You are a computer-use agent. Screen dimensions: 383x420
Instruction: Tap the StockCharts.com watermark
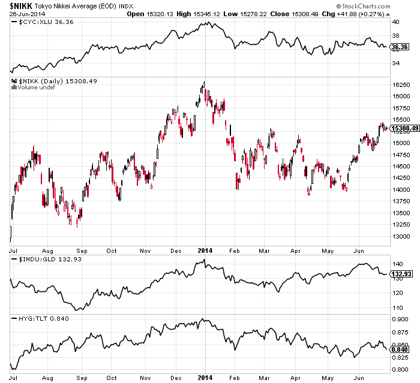click(385, 6)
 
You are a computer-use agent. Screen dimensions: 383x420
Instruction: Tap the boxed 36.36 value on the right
click(399, 47)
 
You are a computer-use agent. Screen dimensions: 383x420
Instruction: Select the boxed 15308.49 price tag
click(404, 128)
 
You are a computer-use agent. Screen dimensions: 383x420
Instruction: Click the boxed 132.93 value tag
click(401, 275)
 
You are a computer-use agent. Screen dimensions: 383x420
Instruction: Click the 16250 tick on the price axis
click(401, 85)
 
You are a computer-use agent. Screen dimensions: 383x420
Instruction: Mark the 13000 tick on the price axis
click(401, 236)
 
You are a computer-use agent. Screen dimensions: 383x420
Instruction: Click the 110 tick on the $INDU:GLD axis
click(397, 307)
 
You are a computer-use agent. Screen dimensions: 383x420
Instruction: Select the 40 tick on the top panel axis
click(395, 22)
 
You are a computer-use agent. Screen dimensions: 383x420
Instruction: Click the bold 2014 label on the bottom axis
click(206, 378)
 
